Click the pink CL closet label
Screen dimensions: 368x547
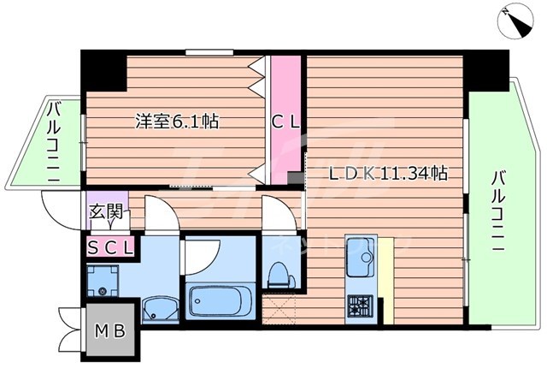coord(285,122)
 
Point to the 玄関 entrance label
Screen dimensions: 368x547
coord(106,213)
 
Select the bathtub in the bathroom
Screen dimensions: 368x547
coord(220,302)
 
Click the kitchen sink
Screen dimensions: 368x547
coord(362,254)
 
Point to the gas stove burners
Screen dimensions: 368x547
coord(359,305)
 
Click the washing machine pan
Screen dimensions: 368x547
coord(106,278)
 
